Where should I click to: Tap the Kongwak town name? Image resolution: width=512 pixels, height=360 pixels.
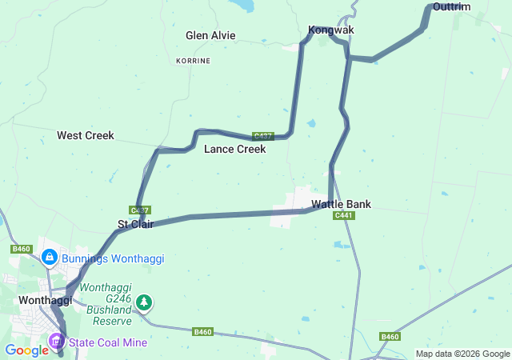click(x=331, y=30)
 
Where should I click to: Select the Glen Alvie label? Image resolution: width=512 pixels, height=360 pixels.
click(x=210, y=35)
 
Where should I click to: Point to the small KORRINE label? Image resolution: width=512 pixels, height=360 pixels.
click(x=194, y=61)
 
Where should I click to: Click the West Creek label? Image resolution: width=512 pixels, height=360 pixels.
click(x=86, y=136)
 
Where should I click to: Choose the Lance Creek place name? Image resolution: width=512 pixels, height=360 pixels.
click(x=234, y=149)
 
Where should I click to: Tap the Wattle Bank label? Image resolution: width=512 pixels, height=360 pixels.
click(x=342, y=204)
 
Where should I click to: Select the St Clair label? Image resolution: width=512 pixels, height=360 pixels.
click(x=135, y=224)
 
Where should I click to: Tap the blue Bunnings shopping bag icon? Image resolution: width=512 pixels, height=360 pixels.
click(x=49, y=257)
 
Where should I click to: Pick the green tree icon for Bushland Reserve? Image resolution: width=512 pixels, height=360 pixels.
click(x=144, y=302)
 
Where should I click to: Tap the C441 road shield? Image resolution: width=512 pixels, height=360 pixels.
click(x=344, y=215)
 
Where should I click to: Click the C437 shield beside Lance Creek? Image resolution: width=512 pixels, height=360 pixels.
click(x=262, y=136)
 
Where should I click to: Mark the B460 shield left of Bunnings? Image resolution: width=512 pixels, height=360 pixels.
click(x=21, y=250)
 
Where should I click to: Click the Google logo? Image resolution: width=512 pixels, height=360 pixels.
click(x=26, y=350)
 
